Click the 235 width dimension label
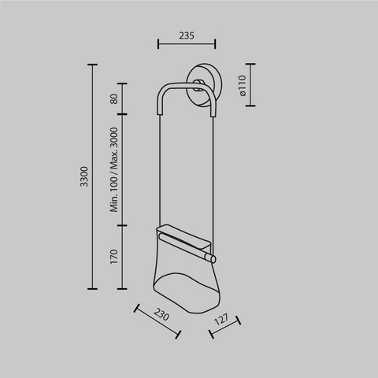pos(187,35)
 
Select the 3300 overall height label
pos(84,176)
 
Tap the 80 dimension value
pos(114,99)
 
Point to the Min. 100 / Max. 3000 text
pos(114,169)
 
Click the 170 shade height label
pos(114,257)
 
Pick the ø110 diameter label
pos(243,86)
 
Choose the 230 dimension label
pos(161,314)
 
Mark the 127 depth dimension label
pos(222,319)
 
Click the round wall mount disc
pos(205,85)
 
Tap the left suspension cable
pos(160,171)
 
